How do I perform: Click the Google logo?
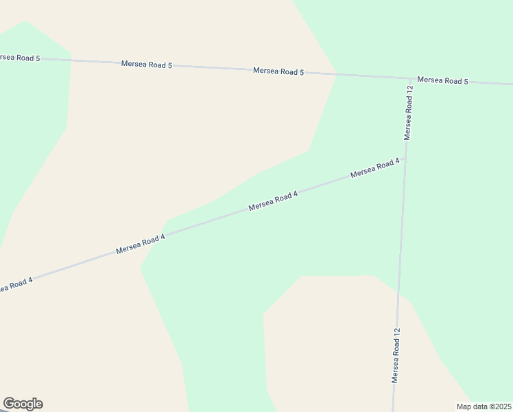coord(23,404)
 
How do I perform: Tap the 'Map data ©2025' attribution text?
coord(484,407)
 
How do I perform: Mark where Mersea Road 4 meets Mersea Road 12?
coord(405,159)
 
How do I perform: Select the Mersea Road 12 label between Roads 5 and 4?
coord(408,113)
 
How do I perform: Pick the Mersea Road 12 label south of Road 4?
coord(396,355)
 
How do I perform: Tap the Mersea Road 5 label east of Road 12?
coord(442,80)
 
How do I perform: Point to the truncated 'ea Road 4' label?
coord(16,284)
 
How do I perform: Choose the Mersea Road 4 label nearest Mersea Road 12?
coord(374,168)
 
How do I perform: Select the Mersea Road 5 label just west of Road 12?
coord(278,71)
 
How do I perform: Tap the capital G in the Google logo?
coord(10,404)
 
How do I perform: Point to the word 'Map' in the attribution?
coord(464,407)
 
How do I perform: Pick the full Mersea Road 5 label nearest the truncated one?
coord(146,65)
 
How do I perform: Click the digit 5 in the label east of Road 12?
coord(465,81)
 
